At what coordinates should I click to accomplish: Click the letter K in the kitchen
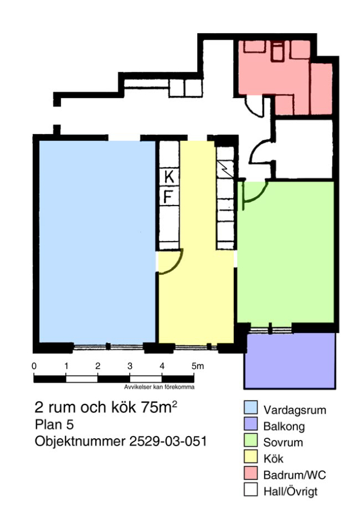pos(169,177)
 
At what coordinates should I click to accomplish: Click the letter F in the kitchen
pos(168,196)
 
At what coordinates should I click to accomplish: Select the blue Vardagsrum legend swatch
pos(251,407)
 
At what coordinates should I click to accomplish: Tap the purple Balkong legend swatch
pos(251,424)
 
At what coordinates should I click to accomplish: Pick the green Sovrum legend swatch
pos(251,440)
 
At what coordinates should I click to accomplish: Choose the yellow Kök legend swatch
pos(251,456)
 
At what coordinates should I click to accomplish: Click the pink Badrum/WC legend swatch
pos(251,473)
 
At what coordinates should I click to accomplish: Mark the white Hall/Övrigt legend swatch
pos(251,489)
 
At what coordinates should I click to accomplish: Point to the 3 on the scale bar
pos(130,366)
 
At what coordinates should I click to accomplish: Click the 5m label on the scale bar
pos(198,366)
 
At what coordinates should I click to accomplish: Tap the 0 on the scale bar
pos(34,366)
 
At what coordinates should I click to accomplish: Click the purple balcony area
pos(290,361)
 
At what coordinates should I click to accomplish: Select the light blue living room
pos(97,242)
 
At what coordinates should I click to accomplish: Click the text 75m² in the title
pos(159,407)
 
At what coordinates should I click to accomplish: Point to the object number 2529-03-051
pos(168,441)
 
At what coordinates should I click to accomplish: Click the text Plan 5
pos(54,425)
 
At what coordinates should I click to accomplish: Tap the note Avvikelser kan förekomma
pos(159,386)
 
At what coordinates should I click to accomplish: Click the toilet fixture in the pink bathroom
pos(277,52)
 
